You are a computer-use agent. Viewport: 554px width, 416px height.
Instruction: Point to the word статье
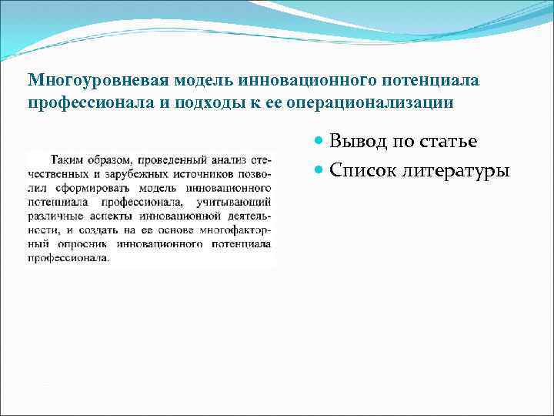click(x=449, y=141)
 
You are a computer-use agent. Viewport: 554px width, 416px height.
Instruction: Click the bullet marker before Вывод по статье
click(x=321, y=142)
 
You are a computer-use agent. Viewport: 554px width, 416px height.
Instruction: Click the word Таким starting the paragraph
click(x=67, y=160)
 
